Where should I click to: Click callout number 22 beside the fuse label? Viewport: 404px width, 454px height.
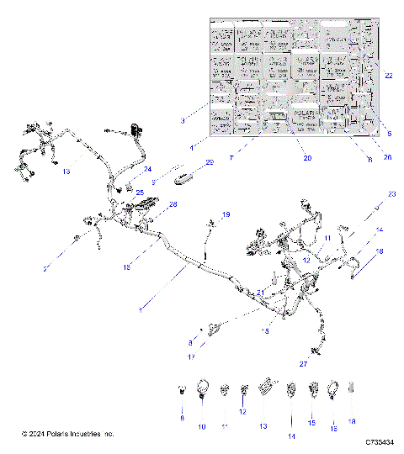point(388,76)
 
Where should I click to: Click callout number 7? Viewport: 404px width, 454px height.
point(231,157)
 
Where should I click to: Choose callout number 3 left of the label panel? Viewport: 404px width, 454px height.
point(183,122)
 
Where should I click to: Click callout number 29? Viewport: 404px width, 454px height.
point(210,161)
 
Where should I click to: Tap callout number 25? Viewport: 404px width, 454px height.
point(140,193)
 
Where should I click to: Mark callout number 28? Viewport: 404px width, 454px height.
point(173,204)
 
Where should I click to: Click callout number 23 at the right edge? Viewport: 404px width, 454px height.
point(391,194)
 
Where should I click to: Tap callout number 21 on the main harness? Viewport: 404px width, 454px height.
point(261,292)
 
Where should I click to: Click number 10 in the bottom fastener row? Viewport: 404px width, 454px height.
point(202,426)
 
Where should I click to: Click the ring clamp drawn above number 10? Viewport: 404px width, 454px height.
point(203,389)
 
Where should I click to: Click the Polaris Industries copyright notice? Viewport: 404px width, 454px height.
point(68,434)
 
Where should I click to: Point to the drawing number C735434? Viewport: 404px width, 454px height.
point(381,441)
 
